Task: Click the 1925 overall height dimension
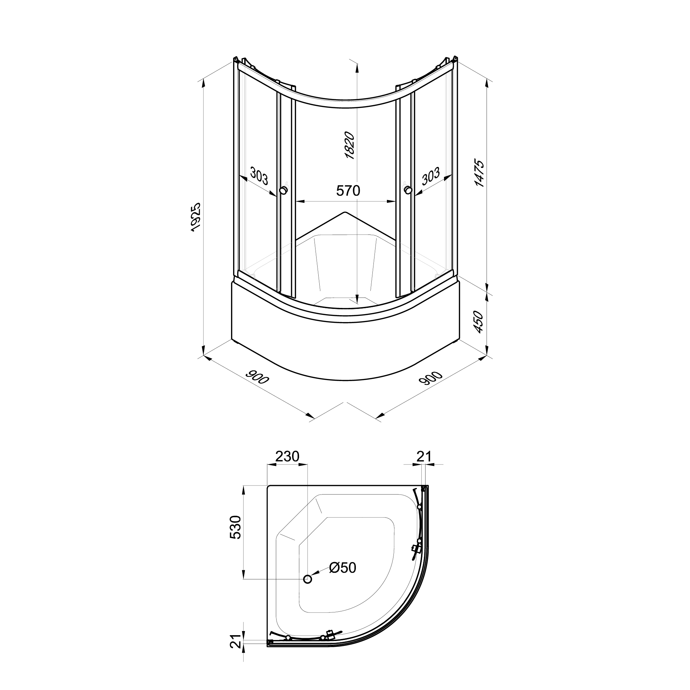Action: coord(196,218)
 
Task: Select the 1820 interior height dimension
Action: coord(350,146)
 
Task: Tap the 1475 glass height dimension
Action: coord(480,173)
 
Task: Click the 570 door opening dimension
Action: coord(348,191)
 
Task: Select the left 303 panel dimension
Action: coord(259,176)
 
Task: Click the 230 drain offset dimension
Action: coord(287,457)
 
